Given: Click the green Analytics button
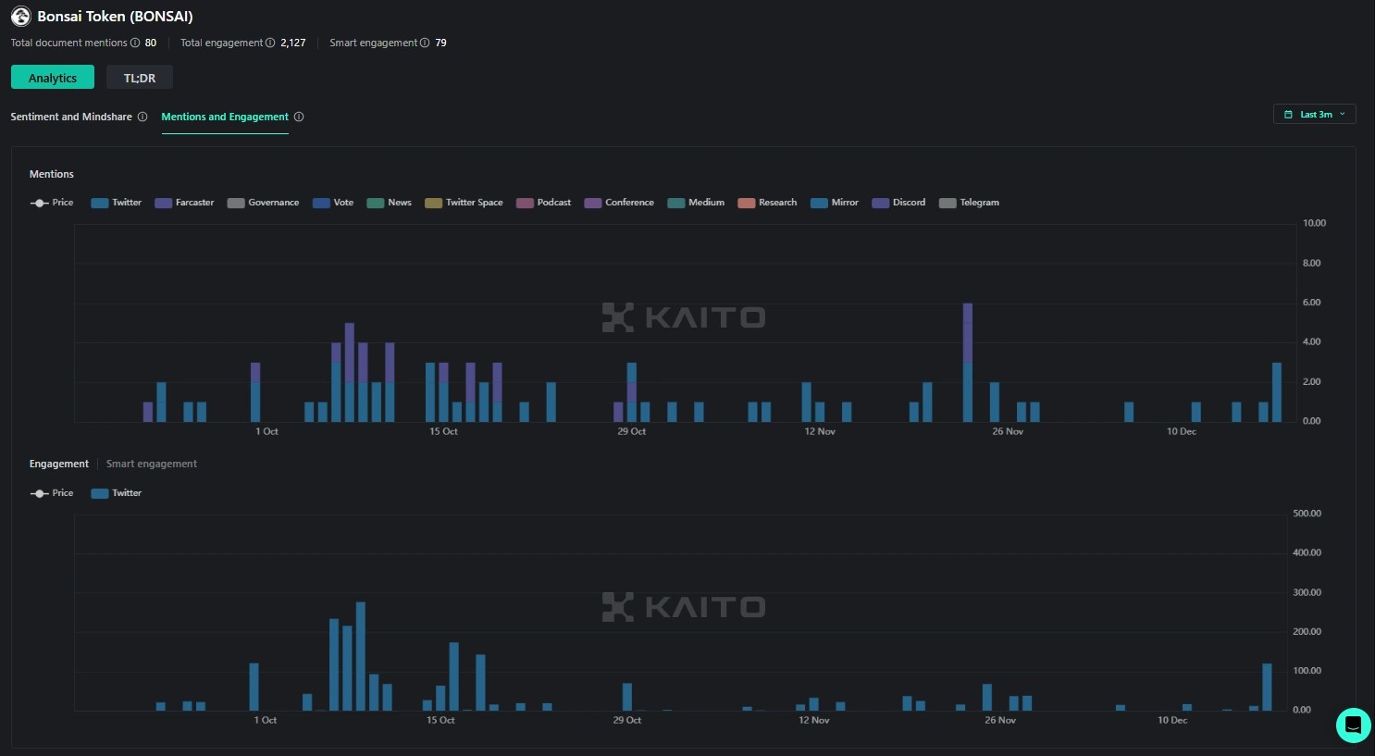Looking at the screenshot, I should [x=53, y=78].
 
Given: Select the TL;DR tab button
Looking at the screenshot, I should [x=140, y=78].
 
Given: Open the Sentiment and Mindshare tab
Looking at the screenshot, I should [x=71, y=117].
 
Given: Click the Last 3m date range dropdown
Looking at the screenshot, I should [x=1315, y=114].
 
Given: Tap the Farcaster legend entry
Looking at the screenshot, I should [x=185, y=203].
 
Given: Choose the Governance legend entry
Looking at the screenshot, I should [x=264, y=203].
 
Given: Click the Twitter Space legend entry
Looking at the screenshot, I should [x=465, y=203].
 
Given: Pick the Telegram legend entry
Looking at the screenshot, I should [x=970, y=203].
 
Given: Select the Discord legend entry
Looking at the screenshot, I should [x=899, y=203].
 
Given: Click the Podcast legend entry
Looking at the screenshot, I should [x=544, y=203].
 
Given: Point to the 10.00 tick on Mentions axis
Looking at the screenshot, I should [x=1314, y=223].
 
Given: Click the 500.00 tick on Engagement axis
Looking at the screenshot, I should [x=1307, y=514].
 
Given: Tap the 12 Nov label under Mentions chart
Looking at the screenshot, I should [x=820, y=431].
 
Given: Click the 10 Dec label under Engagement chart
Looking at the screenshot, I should [x=1172, y=720].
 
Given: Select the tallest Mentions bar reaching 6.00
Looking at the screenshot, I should [x=967, y=361].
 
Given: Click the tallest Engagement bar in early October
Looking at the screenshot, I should [x=361, y=656].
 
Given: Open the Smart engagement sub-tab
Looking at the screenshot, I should [x=152, y=464].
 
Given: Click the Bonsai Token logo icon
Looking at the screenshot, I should [x=20, y=17].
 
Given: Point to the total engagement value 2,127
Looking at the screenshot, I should [x=292, y=43].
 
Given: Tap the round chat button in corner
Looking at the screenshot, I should [x=1353, y=725].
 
